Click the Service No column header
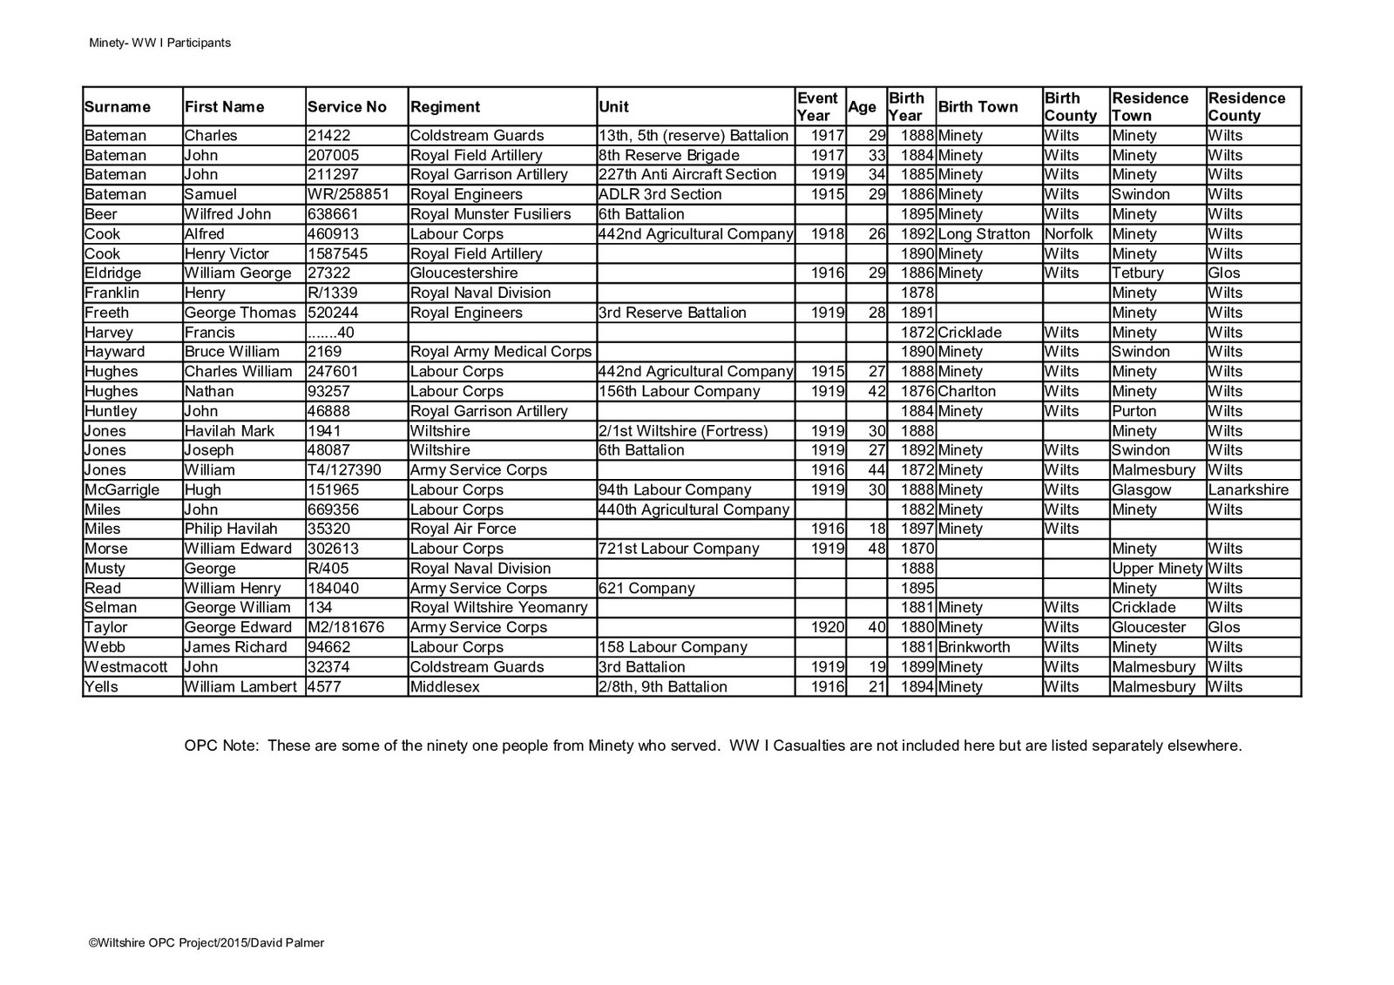point(347,107)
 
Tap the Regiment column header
point(444,107)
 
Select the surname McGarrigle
point(122,489)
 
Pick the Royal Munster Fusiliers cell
point(490,214)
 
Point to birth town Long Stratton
point(984,233)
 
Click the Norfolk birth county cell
point(1068,233)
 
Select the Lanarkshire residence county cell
point(1248,489)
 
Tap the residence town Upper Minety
point(1157,569)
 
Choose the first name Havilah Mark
point(229,431)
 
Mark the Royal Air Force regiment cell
point(463,529)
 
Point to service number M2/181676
point(346,627)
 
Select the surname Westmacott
point(127,667)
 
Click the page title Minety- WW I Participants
point(159,43)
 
